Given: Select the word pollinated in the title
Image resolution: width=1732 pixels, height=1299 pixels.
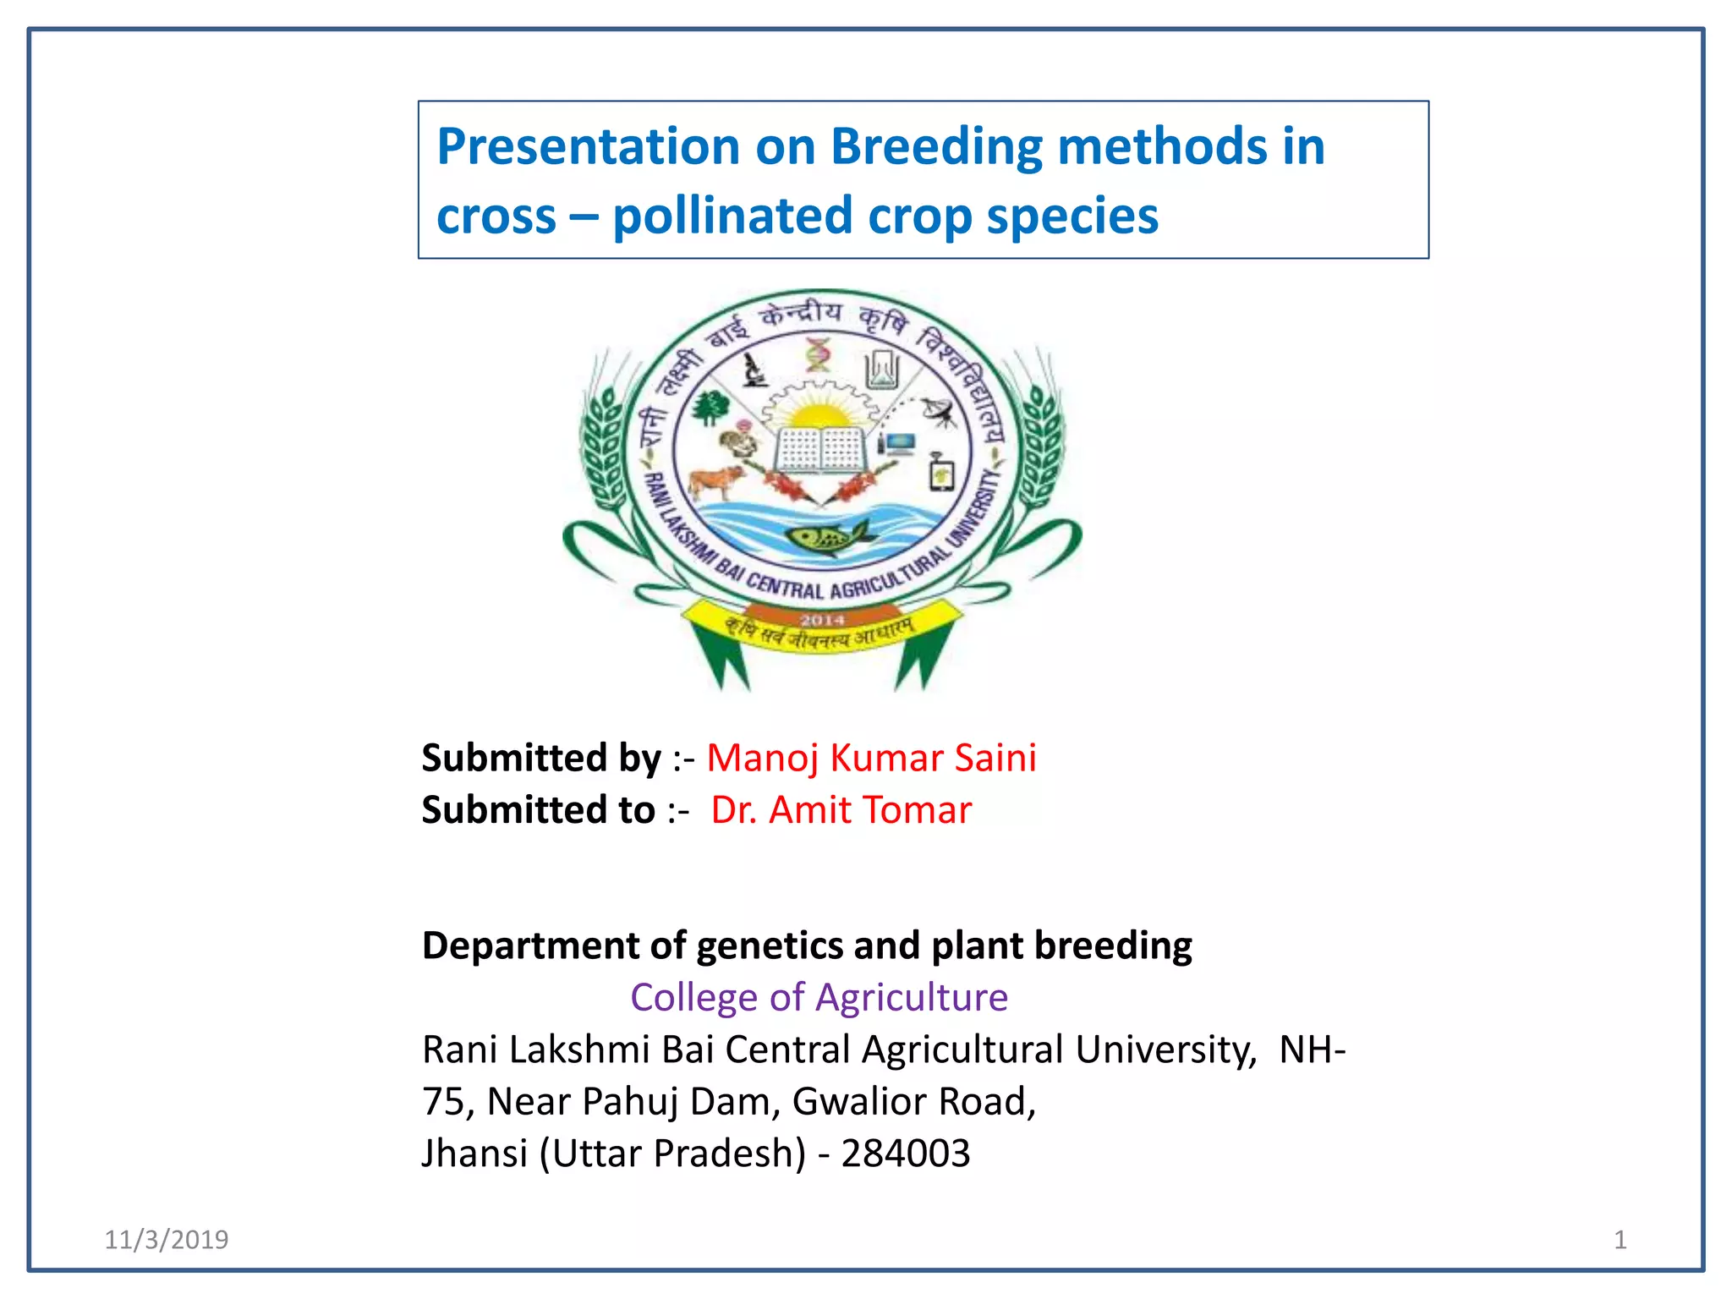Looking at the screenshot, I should click(733, 216).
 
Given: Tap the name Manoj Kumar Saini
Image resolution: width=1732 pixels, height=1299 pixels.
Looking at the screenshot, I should click(871, 758).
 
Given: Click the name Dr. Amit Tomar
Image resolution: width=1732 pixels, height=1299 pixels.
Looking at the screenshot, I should click(841, 810).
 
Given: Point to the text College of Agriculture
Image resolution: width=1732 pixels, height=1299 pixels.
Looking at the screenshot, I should click(819, 998).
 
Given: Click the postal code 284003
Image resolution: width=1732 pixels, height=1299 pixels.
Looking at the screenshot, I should click(905, 1154).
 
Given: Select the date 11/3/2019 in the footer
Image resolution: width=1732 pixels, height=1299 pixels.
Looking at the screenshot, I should click(167, 1240).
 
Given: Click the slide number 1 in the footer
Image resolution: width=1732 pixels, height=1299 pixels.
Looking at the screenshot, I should click(1620, 1240).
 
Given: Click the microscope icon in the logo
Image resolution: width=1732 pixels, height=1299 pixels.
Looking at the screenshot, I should click(753, 370).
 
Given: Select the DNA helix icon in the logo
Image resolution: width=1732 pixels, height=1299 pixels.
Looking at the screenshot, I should click(818, 354).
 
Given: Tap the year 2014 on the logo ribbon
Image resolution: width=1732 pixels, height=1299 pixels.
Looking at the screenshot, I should click(822, 621).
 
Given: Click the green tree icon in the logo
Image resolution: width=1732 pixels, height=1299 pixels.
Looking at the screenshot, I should click(709, 408).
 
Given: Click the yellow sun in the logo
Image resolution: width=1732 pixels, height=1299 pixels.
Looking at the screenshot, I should click(816, 415).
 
